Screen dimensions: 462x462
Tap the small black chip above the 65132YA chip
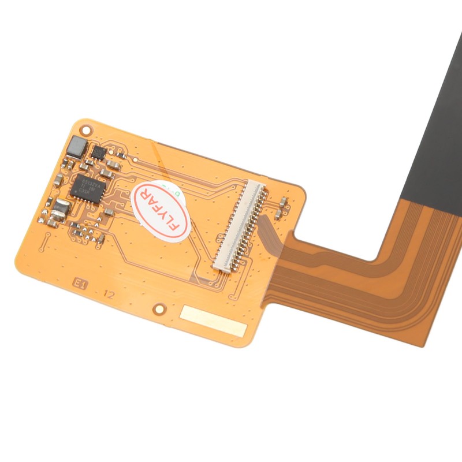99,152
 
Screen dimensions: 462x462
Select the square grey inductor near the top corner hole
76,147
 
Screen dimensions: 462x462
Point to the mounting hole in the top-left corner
85,125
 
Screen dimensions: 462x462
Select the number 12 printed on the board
108,293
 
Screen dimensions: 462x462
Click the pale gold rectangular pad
213,321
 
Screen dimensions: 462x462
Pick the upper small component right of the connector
284,202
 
